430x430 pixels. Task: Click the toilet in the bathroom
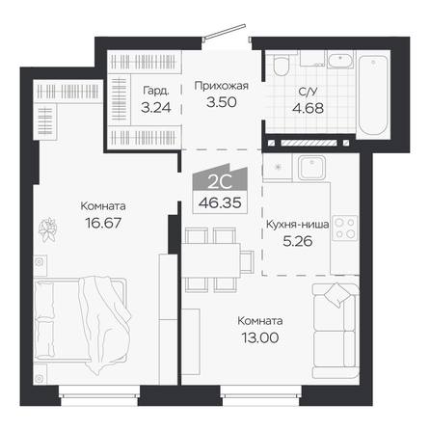(x=282, y=65)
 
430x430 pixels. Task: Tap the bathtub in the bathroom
(x=373, y=95)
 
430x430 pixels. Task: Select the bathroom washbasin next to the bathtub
(x=340, y=60)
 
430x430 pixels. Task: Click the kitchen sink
(x=311, y=167)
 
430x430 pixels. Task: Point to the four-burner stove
(x=345, y=228)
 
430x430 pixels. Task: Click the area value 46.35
(x=220, y=202)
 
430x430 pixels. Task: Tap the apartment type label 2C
(x=220, y=182)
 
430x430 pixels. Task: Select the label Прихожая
(x=222, y=86)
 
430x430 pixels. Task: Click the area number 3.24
(x=156, y=107)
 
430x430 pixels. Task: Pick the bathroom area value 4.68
(x=308, y=108)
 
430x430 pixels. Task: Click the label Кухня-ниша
(x=297, y=225)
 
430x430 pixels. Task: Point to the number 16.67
(x=103, y=223)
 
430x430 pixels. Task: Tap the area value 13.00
(x=260, y=337)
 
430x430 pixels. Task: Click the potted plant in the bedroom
(x=47, y=229)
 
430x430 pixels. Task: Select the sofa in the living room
(x=336, y=331)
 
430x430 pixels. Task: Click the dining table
(x=211, y=260)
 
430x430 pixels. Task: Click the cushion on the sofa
(x=336, y=295)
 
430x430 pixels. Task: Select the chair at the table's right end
(x=247, y=261)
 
